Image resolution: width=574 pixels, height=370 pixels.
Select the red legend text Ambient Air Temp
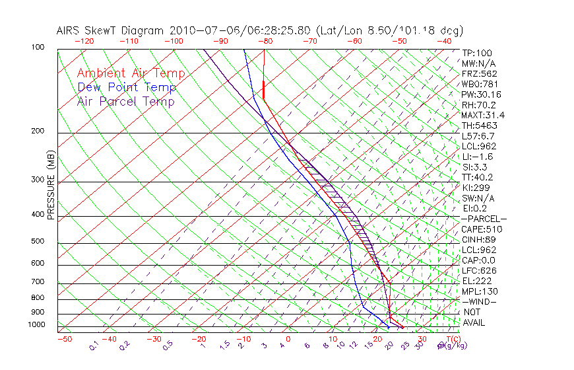coord(131,73)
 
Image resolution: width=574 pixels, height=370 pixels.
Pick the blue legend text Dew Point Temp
coord(127,87)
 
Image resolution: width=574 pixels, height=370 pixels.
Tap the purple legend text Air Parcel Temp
coord(125,101)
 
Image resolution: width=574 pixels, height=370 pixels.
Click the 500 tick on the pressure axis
coord(39,241)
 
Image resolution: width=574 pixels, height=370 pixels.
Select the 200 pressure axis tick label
coord(39,131)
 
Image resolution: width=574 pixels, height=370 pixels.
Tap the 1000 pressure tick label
coord(37,324)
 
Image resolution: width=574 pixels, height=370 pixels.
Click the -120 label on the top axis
coord(84,41)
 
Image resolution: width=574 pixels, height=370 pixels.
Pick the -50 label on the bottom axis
coord(64,339)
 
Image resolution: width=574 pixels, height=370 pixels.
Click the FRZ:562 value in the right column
coord(480,73)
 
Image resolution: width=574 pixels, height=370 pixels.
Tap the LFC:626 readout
coord(479,270)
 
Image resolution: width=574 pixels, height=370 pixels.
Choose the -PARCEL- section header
coord(484,219)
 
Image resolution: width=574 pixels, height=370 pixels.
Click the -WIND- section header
coord(479,301)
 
